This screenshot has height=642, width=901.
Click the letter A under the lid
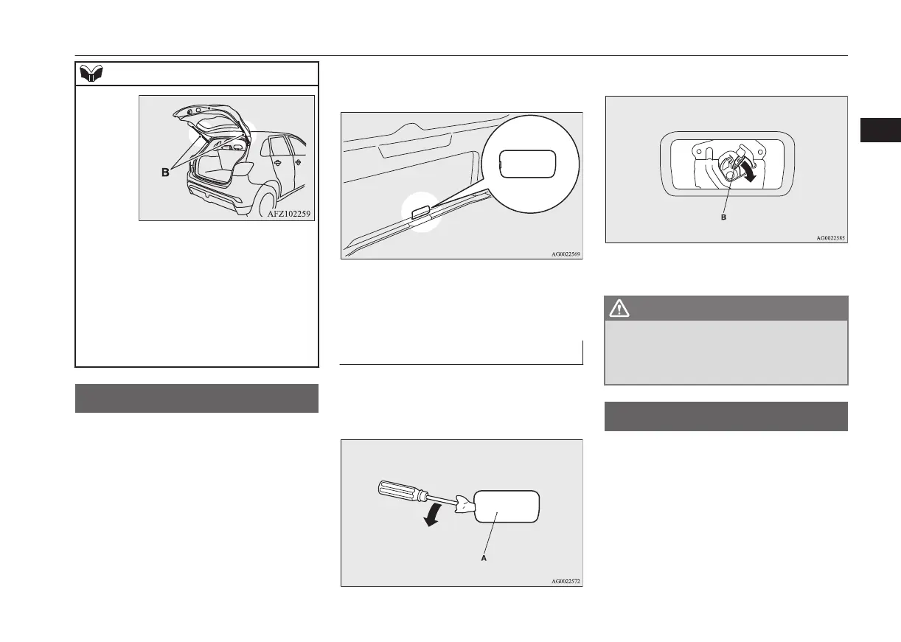483,559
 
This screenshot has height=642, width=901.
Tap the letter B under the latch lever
723,219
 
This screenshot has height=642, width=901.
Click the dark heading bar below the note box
197,398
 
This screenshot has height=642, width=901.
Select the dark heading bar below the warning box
726,416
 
